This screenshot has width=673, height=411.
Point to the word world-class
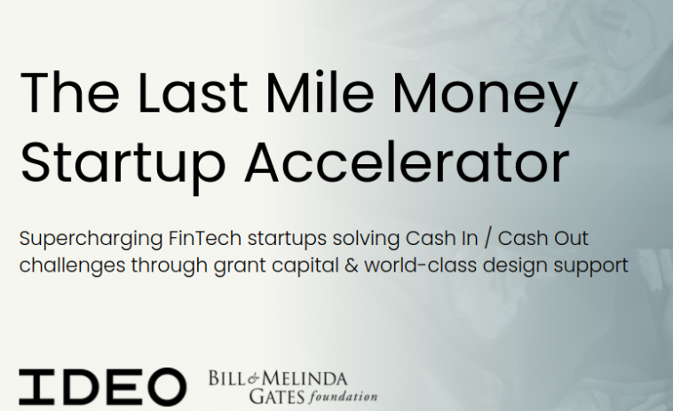(x=416, y=265)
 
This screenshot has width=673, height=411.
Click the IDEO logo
(x=102, y=386)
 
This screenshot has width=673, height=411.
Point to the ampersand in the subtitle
(x=355, y=265)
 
